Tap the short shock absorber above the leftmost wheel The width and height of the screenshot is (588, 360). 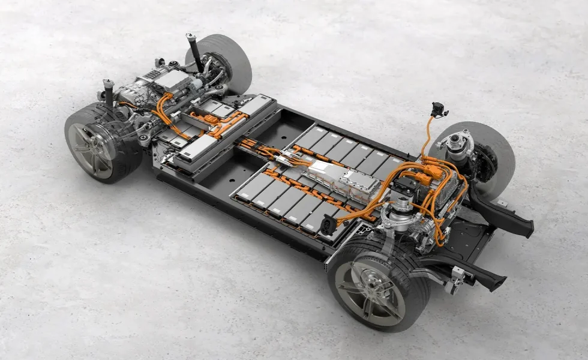pos(109,90)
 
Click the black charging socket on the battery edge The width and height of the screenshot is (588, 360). pos(328,226)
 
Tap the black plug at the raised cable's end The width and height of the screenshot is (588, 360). pos(437,110)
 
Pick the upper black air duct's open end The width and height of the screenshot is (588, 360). pos(528,227)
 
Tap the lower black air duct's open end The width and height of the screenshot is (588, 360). pos(499,281)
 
